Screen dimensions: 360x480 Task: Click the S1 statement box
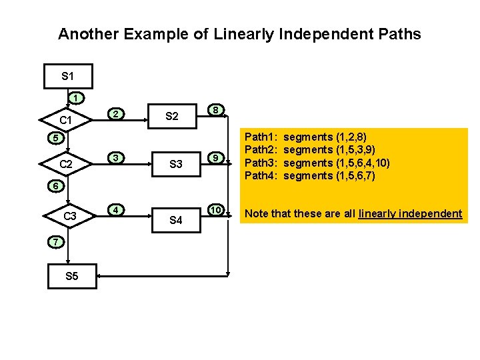point(67,77)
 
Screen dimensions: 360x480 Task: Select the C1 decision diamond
point(65,121)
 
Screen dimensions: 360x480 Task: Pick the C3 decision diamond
point(69,216)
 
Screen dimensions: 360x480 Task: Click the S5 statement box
point(71,275)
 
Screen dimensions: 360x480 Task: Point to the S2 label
point(171,117)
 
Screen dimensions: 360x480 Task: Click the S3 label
point(176,164)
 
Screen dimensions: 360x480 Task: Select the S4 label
point(176,220)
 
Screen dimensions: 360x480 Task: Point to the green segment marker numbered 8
point(214,109)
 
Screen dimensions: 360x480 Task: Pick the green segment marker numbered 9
point(214,158)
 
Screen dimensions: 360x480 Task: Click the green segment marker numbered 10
point(214,209)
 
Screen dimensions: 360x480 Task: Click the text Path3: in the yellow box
point(263,163)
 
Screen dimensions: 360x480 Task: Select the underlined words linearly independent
point(410,214)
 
